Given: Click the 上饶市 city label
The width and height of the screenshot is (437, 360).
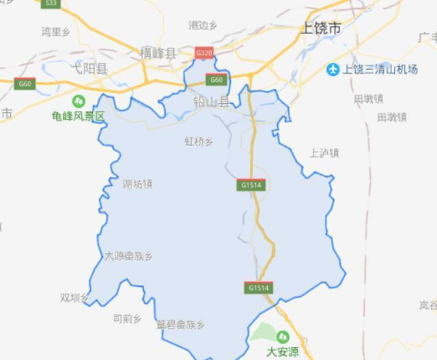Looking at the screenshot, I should point(320,29).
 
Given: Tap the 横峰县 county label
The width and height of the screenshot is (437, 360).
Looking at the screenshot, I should point(157,52).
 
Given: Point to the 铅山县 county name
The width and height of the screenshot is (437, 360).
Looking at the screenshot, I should point(212,102).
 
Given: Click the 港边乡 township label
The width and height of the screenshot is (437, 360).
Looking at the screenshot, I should point(202,25).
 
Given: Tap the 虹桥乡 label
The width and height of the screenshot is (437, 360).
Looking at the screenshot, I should point(199,141).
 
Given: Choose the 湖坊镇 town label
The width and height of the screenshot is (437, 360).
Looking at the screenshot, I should point(137,184).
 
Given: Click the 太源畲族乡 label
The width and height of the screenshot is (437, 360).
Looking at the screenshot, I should point(128,256).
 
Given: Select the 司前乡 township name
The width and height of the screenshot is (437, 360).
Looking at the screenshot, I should point(126,318).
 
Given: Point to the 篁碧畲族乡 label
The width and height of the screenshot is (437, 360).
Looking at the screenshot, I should point(180,324).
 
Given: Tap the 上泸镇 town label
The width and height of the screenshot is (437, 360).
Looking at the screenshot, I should point(324,153).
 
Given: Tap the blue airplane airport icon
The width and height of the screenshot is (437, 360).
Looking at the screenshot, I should point(333,69).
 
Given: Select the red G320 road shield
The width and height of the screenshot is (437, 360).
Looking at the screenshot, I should point(203,53).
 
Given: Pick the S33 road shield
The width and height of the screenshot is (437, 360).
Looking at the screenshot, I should point(50,3).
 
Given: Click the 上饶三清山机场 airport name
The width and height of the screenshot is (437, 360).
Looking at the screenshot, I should point(380,69).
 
